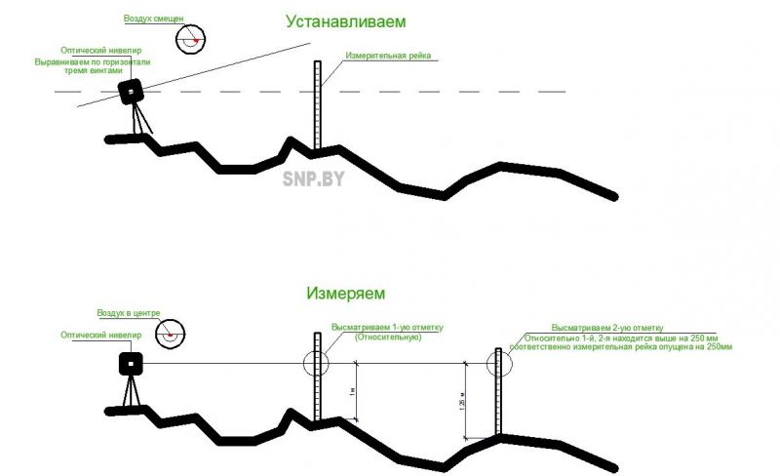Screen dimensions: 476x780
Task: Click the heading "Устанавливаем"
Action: [x=345, y=20]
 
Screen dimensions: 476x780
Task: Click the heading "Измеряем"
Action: [x=346, y=293]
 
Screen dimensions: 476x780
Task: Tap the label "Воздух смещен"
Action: [x=154, y=19]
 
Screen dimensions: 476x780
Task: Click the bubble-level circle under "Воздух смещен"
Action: [x=191, y=38]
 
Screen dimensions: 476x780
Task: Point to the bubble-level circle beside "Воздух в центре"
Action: [x=173, y=334]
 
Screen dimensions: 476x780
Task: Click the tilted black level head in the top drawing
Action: [x=131, y=92]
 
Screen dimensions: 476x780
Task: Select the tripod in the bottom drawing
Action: [x=131, y=393]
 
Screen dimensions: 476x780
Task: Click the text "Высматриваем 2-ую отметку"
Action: [x=607, y=327]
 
